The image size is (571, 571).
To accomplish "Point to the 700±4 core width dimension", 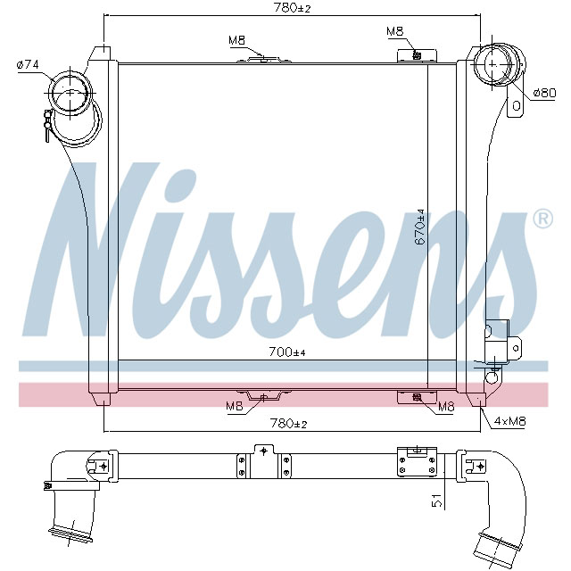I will pyautogui.click(x=286, y=352).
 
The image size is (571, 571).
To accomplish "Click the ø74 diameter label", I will pyautogui.click(x=29, y=64).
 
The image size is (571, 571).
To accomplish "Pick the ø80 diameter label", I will pyautogui.click(x=544, y=93).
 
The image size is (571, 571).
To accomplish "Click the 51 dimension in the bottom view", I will pyautogui.click(x=436, y=501).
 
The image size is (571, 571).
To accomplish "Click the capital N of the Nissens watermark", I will pyautogui.click(x=98, y=250).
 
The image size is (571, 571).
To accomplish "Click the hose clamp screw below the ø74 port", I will pyautogui.click(x=44, y=124).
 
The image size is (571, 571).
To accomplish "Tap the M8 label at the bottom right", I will pyautogui.click(x=446, y=407).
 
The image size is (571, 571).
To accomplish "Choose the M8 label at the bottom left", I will pyautogui.click(x=234, y=407).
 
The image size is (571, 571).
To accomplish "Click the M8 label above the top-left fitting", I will pyautogui.click(x=236, y=40).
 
